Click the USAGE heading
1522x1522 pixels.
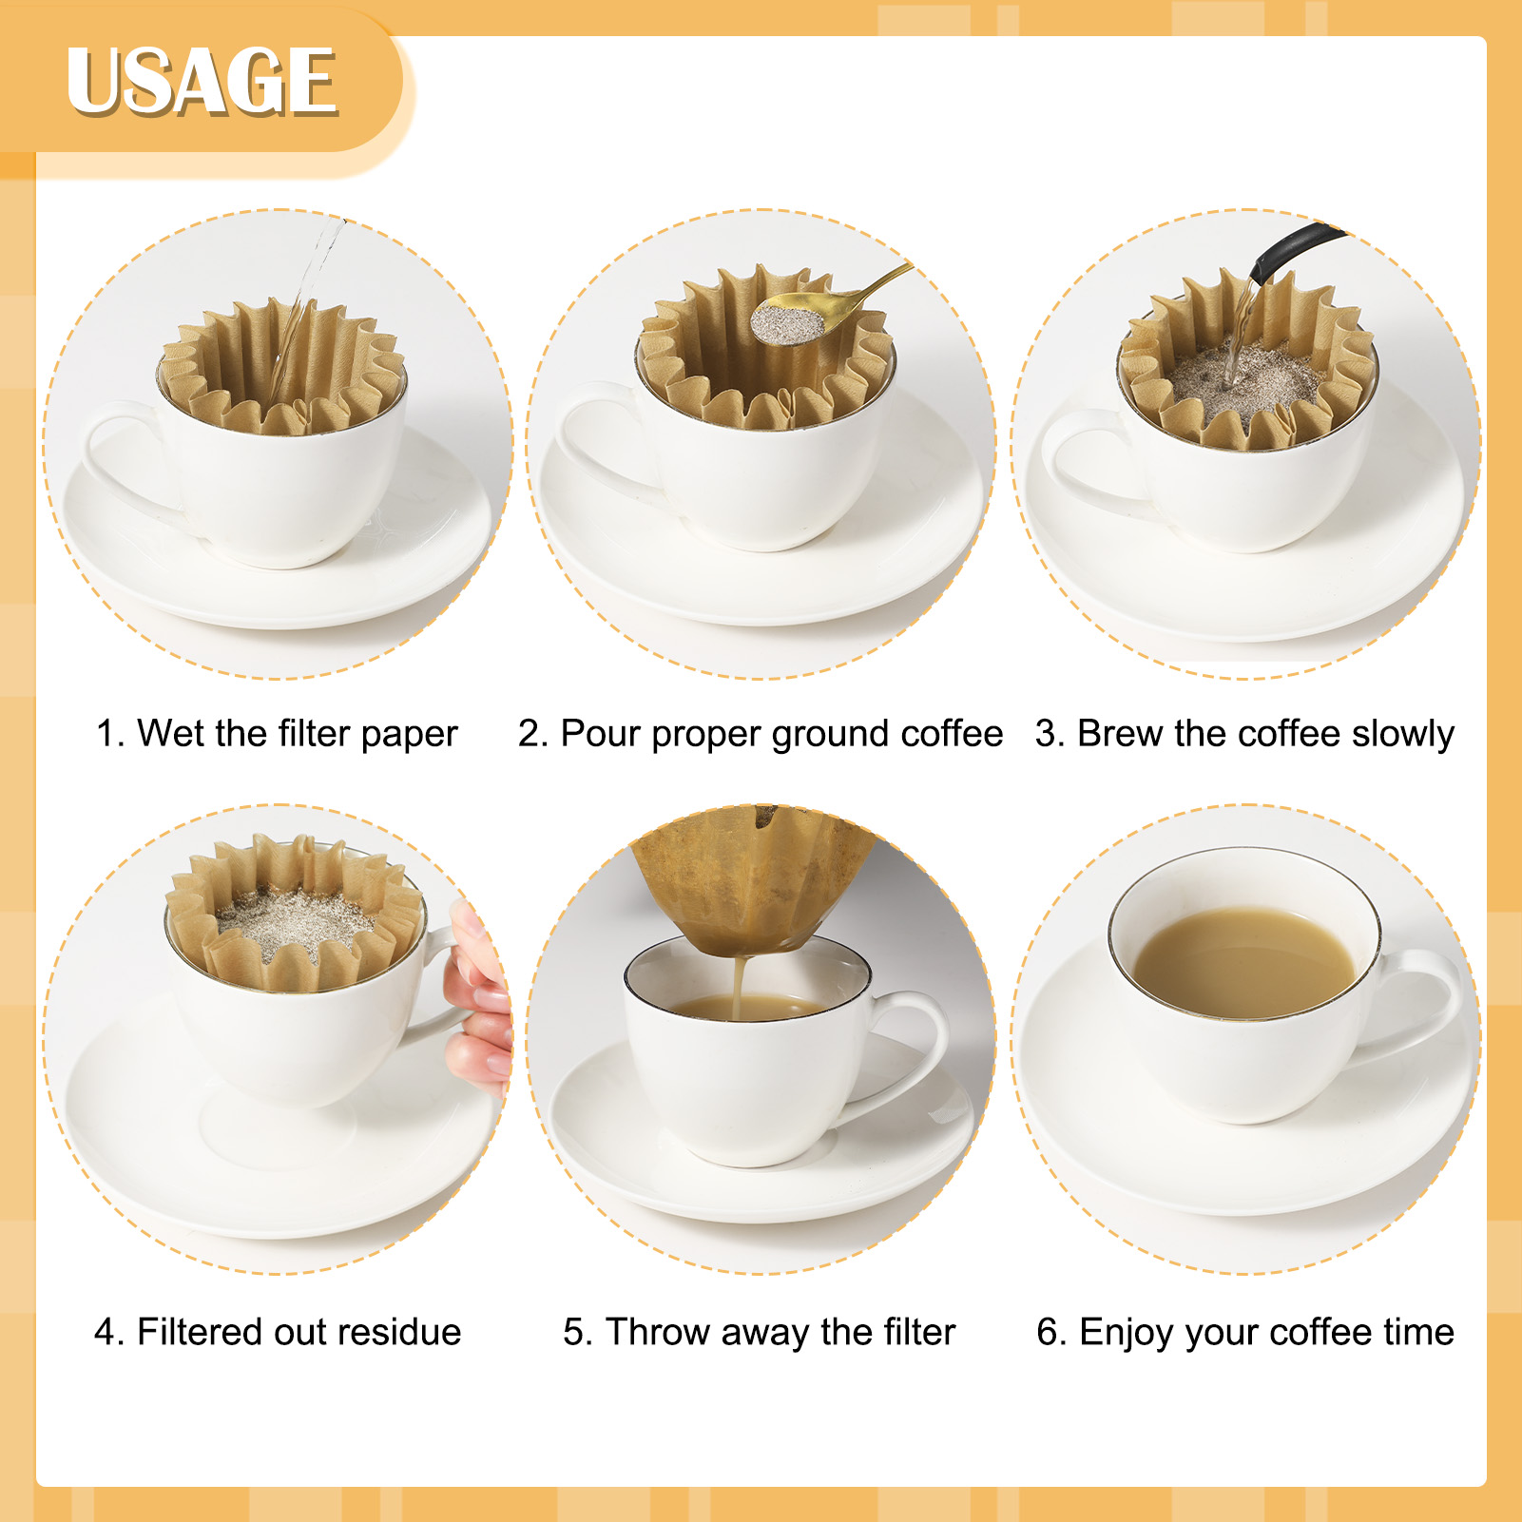coord(201,83)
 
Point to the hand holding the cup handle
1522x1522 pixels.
coord(480,998)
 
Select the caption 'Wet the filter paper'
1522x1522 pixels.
coord(277,734)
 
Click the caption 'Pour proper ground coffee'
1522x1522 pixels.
coord(761,734)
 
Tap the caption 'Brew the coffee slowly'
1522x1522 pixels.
coord(1244,734)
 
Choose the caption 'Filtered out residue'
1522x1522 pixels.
coord(278,1332)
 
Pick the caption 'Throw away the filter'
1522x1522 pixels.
coord(759,1332)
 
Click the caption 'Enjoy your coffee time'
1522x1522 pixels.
coord(1245,1332)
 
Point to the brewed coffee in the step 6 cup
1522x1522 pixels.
coord(1245,955)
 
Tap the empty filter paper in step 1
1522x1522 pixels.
coord(283,366)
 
